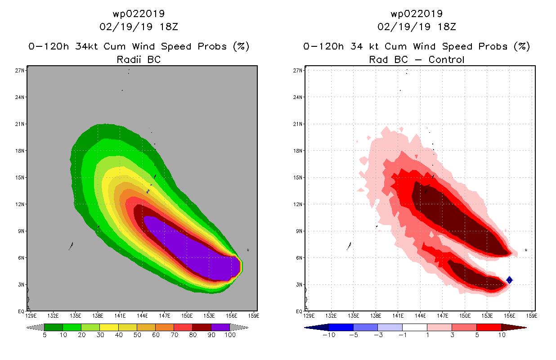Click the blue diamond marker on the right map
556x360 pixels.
[x=509, y=280]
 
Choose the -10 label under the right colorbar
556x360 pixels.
[x=328, y=335]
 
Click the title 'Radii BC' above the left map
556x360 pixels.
[x=139, y=59]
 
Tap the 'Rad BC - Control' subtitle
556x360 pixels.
[x=417, y=59]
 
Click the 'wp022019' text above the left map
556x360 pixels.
[x=139, y=14]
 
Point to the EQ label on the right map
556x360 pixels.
[x=299, y=311]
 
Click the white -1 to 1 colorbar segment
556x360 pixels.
[x=414, y=327]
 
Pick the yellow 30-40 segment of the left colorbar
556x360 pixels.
[x=109, y=327]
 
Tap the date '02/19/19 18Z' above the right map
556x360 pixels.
[x=417, y=27]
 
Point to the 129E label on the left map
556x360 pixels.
[x=31, y=315]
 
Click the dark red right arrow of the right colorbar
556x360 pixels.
[x=520, y=327]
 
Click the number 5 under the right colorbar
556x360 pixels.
[x=463, y=335]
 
